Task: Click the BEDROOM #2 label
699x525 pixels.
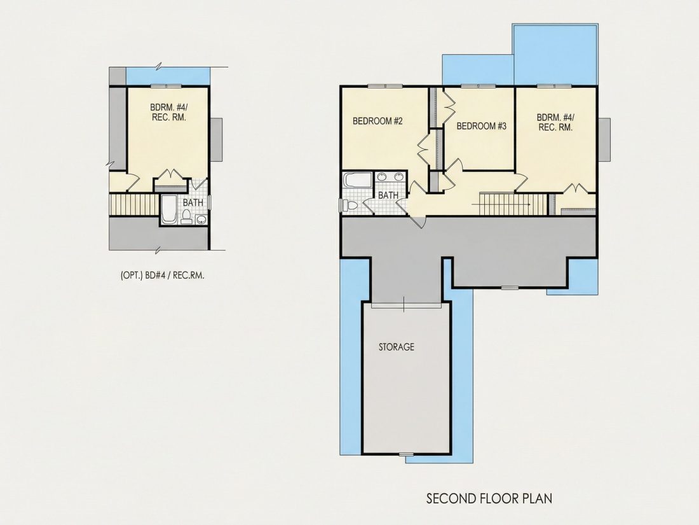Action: click(377, 121)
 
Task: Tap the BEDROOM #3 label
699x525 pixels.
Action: click(482, 127)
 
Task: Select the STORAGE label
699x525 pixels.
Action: click(397, 347)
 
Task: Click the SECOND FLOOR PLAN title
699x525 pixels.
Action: click(489, 498)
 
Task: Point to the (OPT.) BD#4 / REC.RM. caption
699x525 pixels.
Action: click(162, 276)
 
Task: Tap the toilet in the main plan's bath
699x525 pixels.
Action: click(350, 206)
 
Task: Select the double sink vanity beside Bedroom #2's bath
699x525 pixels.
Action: click(391, 178)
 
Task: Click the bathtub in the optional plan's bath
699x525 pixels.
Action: click(168, 209)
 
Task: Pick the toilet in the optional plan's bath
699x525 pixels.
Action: click(186, 218)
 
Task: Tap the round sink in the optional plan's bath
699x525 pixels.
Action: click(201, 219)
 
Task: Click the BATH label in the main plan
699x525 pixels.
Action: click(388, 195)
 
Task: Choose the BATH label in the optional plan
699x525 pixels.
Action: click(193, 202)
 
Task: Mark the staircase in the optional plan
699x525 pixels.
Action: click(134, 205)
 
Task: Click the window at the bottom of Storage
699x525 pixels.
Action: click(405, 454)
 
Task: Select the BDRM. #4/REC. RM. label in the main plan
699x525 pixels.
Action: click(555, 122)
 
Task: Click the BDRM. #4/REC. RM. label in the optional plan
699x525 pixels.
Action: click(168, 112)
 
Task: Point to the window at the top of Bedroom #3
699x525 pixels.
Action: click(478, 86)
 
